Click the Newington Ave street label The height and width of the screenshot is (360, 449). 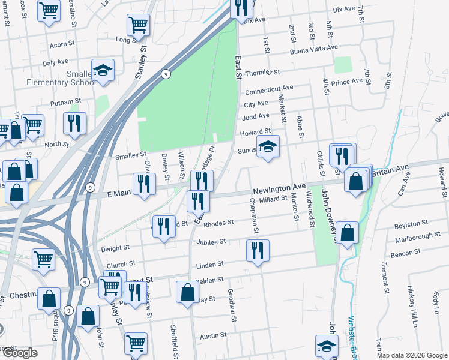(279, 190)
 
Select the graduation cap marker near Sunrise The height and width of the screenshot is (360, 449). (268, 146)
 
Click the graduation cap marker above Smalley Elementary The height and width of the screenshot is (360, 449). (103, 70)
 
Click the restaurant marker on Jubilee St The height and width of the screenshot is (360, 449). (258, 250)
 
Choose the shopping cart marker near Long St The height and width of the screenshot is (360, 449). (138, 26)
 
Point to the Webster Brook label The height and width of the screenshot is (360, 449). (352, 336)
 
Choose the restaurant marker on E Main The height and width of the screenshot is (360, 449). (144, 184)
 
